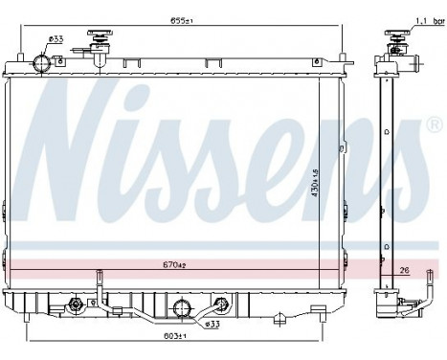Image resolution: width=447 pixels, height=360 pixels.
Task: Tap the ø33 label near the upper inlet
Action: [58, 38]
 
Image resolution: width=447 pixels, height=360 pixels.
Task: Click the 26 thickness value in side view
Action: [406, 271]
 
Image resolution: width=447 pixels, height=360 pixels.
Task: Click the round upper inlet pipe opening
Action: [41, 63]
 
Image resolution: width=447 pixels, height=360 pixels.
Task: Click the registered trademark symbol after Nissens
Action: [435, 126]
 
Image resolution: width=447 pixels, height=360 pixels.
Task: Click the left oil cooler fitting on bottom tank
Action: [76, 306]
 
